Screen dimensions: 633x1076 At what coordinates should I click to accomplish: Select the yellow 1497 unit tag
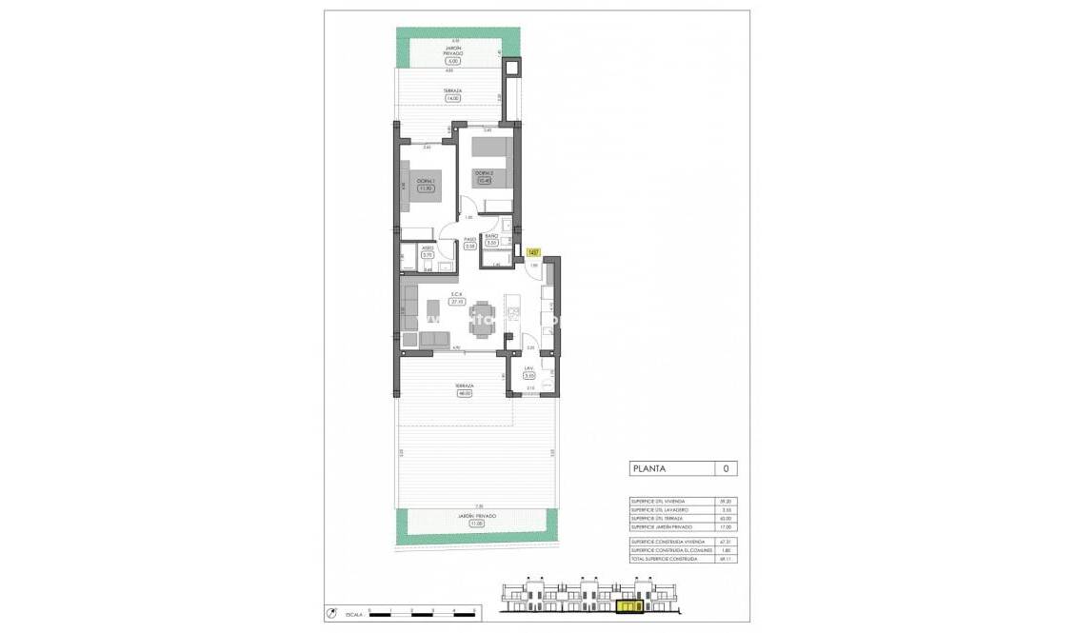532,252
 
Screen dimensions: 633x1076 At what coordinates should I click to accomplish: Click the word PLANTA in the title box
649,468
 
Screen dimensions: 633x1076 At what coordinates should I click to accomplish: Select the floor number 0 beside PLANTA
727,468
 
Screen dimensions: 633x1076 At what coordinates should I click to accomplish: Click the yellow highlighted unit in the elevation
628,604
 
